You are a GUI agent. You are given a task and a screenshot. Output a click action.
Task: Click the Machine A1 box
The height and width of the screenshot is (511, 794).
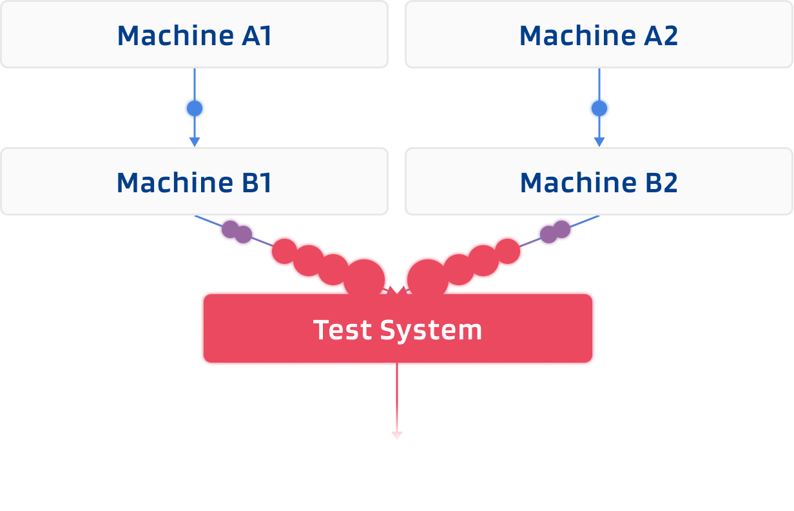click(x=194, y=34)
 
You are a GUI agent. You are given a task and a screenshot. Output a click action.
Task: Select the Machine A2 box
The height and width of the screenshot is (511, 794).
click(x=599, y=34)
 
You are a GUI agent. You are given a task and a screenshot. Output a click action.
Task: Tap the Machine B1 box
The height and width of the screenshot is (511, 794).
click(x=194, y=181)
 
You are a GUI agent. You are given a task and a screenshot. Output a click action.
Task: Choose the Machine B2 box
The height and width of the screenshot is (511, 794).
click(x=599, y=181)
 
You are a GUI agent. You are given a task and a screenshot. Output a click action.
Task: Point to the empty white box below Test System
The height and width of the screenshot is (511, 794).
click(x=398, y=476)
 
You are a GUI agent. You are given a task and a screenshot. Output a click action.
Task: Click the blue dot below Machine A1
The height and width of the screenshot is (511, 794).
click(x=194, y=108)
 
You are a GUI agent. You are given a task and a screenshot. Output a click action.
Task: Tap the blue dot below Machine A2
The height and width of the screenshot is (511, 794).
click(x=599, y=108)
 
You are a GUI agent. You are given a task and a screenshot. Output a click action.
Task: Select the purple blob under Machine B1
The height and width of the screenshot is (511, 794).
click(x=236, y=231)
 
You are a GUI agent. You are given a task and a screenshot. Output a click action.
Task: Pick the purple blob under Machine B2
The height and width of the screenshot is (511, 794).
click(x=556, y=232)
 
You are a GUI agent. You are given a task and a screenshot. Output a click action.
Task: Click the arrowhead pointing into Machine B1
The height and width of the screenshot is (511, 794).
click(x=194, y=141)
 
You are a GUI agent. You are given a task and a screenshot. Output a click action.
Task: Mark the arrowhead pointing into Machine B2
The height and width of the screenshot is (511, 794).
click(x=599, y=141)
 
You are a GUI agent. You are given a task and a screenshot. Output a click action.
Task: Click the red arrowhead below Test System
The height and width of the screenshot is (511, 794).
click(x=396, y=436)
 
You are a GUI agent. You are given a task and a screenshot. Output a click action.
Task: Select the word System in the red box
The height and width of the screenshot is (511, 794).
click(x=431, y=330)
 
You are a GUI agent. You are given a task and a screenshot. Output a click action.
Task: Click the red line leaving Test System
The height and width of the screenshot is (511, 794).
click(x=396, y=397)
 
